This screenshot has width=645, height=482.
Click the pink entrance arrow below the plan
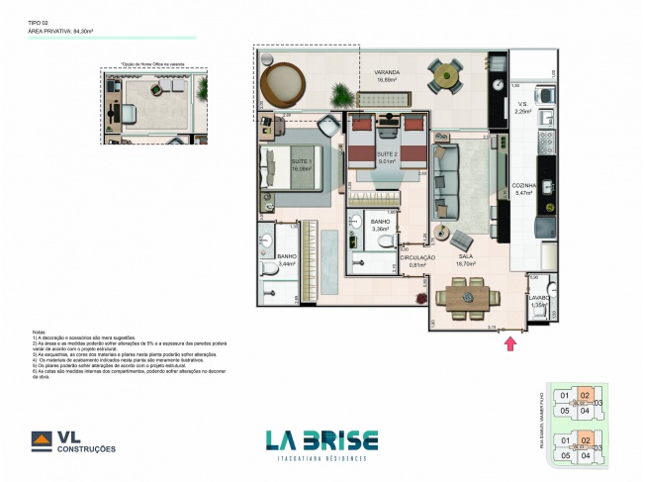510,344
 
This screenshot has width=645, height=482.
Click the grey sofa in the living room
445,181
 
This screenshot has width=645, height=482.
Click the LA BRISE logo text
322,440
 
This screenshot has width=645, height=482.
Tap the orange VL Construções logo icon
42,440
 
